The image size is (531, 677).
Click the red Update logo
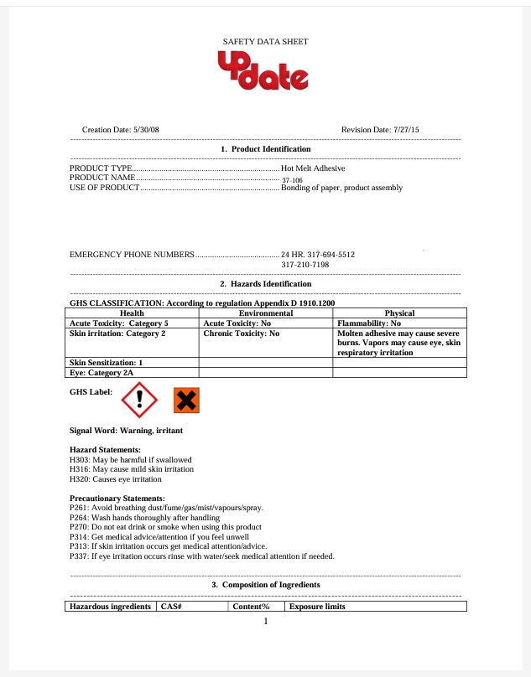click(263, 71)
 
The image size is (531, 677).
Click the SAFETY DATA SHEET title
click(265, 41)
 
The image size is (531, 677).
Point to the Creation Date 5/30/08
click(120, 130)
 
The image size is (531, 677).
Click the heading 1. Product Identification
click(265, 148)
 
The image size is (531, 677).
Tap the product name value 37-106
click(292, 179)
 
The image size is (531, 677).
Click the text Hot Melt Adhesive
click(313, 168)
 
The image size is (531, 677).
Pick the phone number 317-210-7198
click(305, 265)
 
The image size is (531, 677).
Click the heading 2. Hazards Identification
click(265, 284)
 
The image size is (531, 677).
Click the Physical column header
click(399, 313)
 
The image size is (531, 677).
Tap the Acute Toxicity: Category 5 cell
click(119, 323)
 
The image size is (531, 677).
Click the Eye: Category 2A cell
click(101, 372)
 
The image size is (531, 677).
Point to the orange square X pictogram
click(186, 401)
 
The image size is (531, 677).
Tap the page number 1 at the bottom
click(265, 622)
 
